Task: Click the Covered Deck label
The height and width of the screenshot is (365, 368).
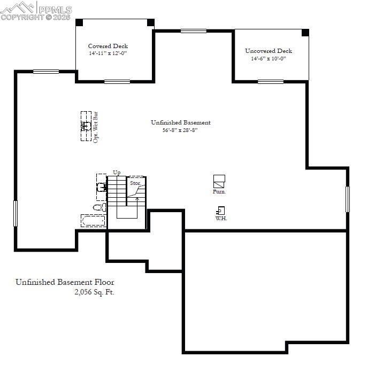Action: [108, 46]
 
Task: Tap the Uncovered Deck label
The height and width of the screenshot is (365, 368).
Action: [269, 51]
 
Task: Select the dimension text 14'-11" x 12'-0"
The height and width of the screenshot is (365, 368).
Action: [108, 53]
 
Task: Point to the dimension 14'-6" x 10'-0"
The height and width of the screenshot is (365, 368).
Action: [269, 59]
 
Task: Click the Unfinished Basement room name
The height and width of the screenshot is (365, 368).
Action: [181, 122]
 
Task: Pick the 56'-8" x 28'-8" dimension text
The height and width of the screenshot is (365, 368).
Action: [180, 130]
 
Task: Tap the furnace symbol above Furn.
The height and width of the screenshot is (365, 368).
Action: [219, 180]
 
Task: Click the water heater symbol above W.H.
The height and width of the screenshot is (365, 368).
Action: [221, 211]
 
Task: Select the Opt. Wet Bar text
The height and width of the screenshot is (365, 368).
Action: [96, 126]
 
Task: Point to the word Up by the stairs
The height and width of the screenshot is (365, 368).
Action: [117, 172]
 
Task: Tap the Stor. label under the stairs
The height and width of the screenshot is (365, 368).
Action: [136, 183]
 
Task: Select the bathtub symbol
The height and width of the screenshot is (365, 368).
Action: [94, 220]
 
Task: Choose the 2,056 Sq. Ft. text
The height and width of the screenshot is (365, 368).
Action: [95, 292]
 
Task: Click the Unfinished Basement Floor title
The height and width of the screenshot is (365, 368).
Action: [65, 282]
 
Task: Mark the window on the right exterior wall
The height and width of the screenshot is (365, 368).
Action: [347, 198]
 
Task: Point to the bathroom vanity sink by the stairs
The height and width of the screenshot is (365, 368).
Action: [101, 187]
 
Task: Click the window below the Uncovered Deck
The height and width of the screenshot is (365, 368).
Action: [271, 81]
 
